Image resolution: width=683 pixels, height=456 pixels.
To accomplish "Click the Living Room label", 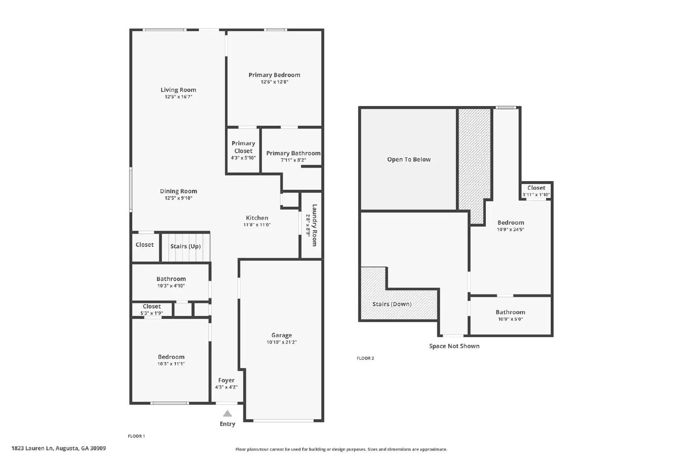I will click(178, 90).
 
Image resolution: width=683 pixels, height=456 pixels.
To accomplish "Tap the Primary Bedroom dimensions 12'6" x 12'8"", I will click(274, 82).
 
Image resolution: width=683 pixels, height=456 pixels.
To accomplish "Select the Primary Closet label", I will click(243, 147).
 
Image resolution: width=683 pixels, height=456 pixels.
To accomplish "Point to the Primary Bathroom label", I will click(293, 153).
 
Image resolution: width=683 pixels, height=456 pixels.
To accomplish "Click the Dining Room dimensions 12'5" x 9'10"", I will click(178, 198).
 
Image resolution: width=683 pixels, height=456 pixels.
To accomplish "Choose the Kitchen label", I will click(257, 218).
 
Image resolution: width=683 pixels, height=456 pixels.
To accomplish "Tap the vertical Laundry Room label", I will click(315, 225).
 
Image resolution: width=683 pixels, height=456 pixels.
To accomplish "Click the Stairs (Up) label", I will click(185, 246).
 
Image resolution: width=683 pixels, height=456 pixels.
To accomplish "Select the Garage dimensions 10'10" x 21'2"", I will click(281, 342).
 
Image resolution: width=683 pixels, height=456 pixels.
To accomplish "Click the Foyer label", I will click(226, 380).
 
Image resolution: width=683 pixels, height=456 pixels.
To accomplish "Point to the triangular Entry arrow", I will click(228, 414).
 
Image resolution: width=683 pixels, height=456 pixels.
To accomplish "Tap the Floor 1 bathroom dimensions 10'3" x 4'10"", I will click(171, 286).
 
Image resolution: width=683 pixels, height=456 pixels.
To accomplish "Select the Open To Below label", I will click(409, 159).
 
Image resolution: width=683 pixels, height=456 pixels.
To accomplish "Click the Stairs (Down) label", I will click(392, 304).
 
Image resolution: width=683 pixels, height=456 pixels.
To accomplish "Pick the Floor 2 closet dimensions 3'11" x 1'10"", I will click(536, 195).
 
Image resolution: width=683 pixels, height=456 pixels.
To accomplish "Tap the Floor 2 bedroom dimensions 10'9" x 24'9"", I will click(511, 229).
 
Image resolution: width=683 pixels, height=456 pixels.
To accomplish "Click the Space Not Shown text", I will click(454, 346).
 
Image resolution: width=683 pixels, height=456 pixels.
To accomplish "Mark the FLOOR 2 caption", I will click(365, 359).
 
